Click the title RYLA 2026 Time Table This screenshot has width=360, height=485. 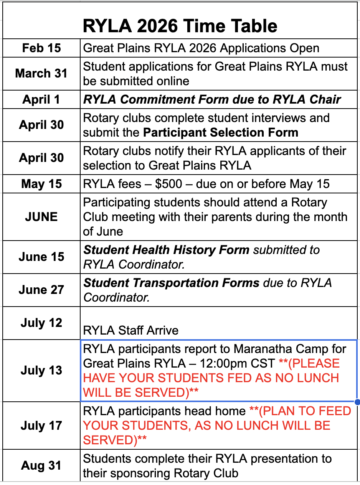180,26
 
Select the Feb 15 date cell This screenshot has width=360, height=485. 41,48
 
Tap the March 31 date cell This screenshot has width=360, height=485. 41,73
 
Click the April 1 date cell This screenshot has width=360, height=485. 41,100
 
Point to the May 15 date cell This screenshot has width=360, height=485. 41,184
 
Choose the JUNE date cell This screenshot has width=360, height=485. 41,217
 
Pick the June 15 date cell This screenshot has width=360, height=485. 41,257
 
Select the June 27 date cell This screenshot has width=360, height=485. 41,290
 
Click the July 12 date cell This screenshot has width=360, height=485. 41,323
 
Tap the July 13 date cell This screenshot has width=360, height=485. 41,370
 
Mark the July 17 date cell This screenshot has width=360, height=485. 41,426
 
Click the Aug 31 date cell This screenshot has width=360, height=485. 41,465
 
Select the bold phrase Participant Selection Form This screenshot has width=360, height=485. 221,133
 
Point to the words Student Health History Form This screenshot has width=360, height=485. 167,250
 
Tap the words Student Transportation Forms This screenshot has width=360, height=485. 172,283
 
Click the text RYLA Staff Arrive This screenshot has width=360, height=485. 131,330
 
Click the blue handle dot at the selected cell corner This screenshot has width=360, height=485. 357,402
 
